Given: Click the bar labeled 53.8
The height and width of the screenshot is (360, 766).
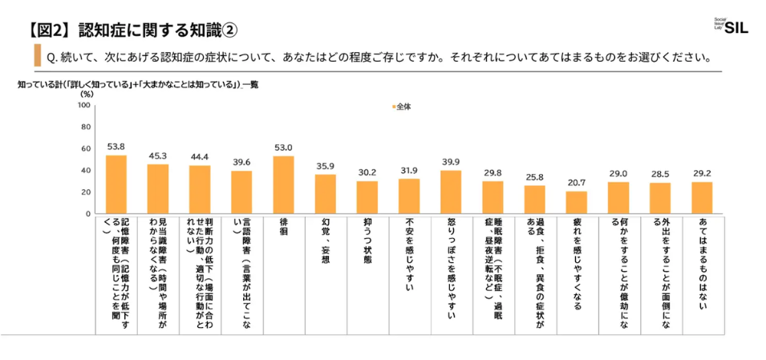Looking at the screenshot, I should coord(116,184).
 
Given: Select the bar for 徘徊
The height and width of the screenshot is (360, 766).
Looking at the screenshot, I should coord(283,185).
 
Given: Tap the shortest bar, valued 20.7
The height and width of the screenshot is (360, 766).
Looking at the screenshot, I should coord(576,203).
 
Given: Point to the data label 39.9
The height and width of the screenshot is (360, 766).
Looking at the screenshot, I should coord(451,162).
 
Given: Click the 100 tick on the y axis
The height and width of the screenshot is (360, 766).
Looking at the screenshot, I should coord(83,105).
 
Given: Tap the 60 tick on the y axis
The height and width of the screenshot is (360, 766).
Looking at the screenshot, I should coord(84,148).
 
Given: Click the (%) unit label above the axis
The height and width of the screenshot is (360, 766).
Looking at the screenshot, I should coord(87,94).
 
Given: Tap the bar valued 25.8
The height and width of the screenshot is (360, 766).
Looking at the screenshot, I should coord(534,200).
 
